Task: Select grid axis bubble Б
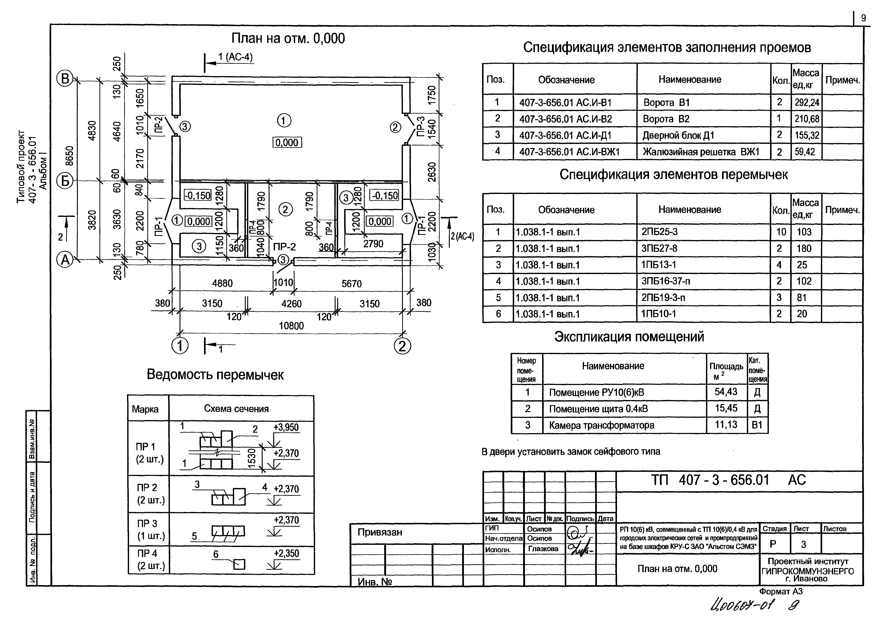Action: (65, 181)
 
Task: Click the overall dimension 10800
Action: (291, 326)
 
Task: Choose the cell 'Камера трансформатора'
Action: (601, 425)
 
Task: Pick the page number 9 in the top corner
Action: (863, 18)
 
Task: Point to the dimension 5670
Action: (351, 284)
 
